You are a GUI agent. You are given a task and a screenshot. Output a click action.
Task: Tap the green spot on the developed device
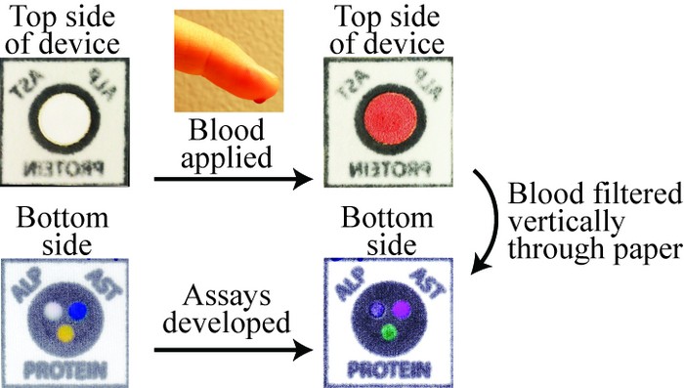pos(388,332)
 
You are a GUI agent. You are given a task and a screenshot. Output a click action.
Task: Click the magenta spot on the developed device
pos(401,308)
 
